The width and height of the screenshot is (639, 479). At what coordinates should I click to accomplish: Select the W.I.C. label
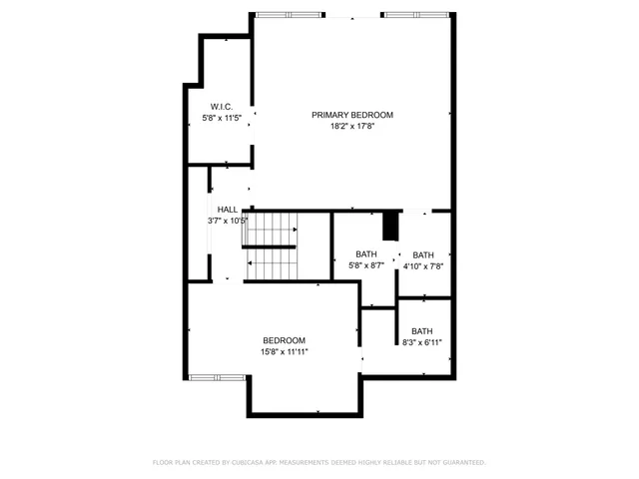point(222,106)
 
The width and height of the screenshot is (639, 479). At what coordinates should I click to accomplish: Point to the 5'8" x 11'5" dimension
point(222,118)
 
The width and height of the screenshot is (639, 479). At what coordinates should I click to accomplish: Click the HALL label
point(228,210)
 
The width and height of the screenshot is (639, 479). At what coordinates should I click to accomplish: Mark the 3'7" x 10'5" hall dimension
point(227,221)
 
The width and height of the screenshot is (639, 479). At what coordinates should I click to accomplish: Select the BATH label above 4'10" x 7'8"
point(423,254)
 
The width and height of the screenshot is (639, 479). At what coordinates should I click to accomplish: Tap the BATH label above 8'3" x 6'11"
point(421,331)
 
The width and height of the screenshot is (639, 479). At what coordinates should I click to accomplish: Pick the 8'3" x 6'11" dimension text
point(421,343)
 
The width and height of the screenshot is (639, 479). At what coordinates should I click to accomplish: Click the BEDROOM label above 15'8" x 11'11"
point(285,340)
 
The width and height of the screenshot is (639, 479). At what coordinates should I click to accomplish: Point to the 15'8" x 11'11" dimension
point(285,352)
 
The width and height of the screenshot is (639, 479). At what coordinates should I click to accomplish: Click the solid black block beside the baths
point(391,227)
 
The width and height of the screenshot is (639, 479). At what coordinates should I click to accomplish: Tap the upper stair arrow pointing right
point(294,231)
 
